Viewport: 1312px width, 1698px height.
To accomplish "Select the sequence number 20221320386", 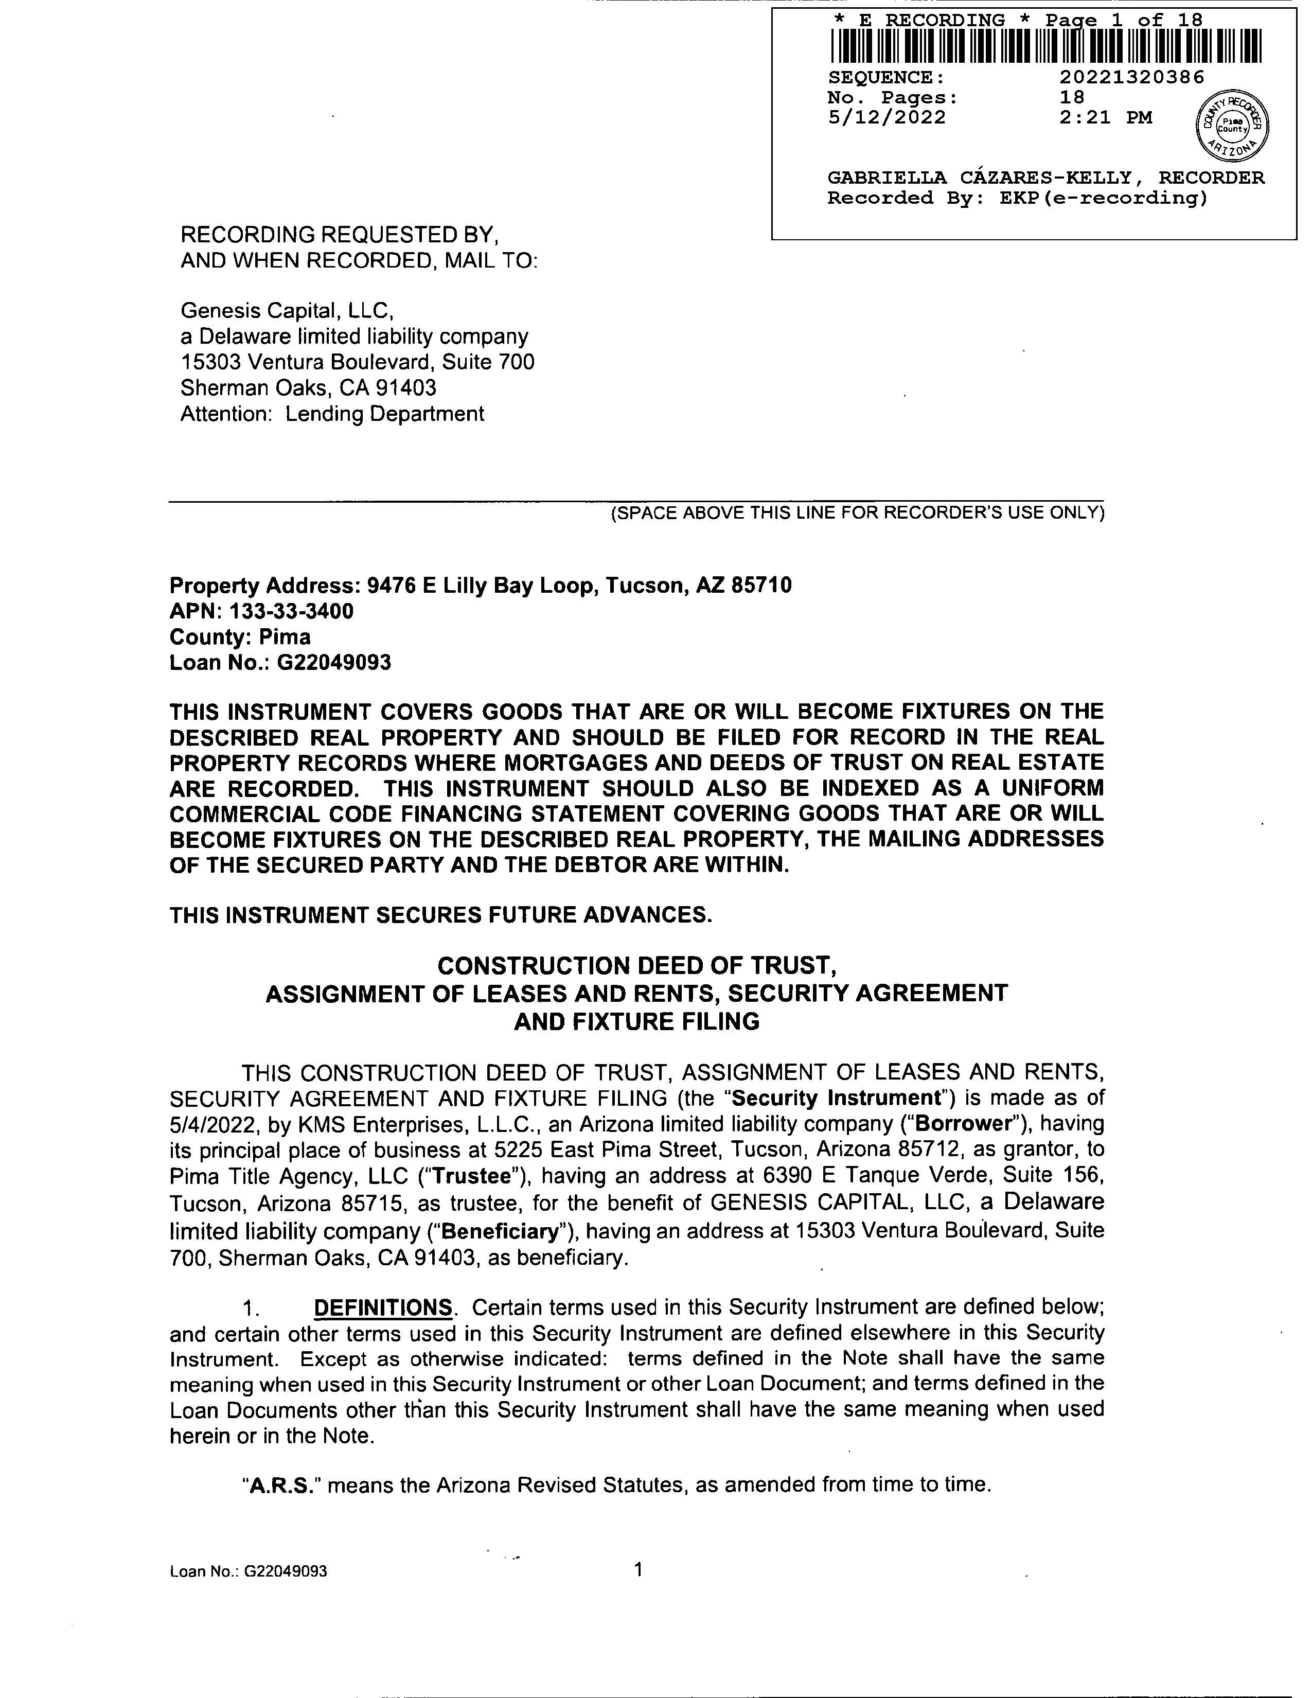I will [1132, 77].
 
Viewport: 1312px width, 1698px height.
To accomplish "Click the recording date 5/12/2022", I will [887, 117].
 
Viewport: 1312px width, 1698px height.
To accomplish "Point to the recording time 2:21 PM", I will [1105, 117].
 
